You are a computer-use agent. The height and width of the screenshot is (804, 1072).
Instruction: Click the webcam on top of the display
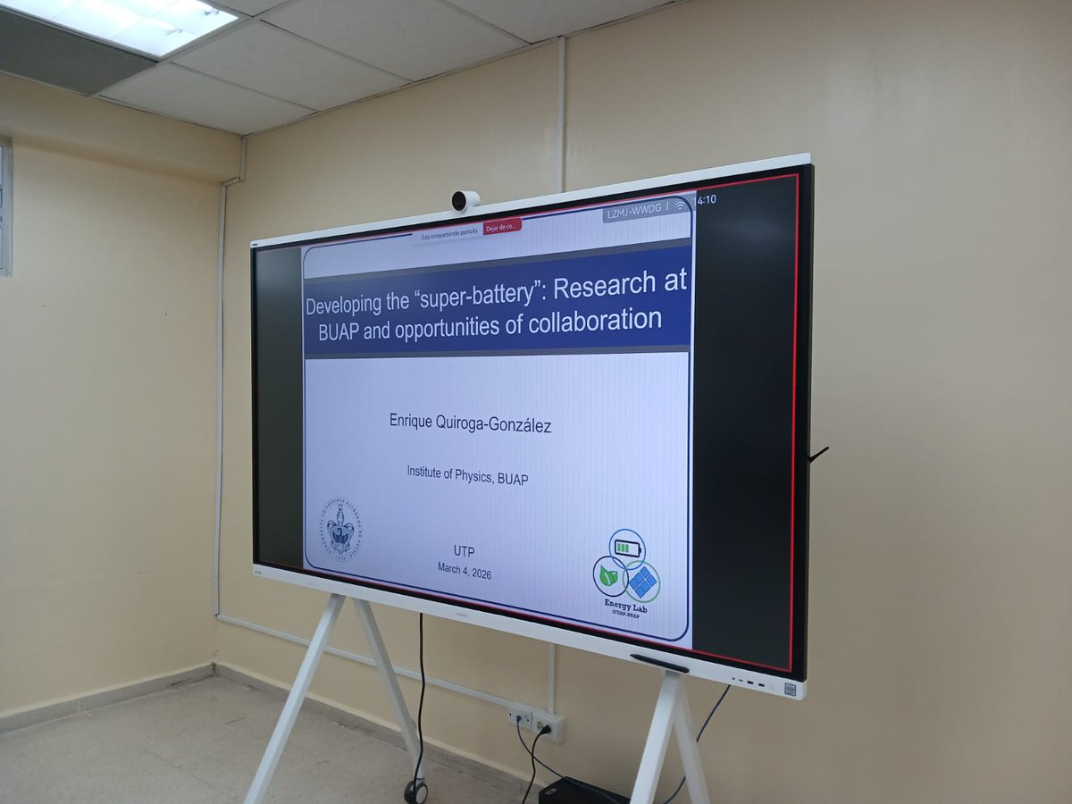tap(465, 201)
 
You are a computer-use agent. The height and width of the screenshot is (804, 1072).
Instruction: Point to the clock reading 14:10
tap(706, 200)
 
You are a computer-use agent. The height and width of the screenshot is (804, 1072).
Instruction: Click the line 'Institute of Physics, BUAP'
tap(467, 478)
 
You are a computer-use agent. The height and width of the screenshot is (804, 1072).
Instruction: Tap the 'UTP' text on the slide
tap(465, 549)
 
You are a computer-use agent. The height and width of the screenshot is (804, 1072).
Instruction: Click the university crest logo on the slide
tap(340, 531)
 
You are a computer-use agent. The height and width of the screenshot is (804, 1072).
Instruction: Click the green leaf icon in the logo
tap(609, 576)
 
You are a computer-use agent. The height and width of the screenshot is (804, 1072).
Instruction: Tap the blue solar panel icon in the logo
tap(641, 582)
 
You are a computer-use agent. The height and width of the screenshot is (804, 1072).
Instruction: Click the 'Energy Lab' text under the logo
tap(625, 607)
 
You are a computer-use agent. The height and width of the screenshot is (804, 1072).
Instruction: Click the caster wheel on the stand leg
tap(415, 790)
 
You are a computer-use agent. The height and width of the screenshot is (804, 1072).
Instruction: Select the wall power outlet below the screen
tap(536, 720)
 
